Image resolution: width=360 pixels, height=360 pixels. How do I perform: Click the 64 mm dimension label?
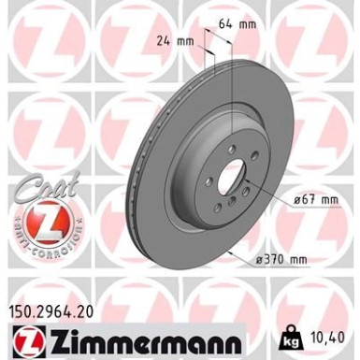tap(246, 23)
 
